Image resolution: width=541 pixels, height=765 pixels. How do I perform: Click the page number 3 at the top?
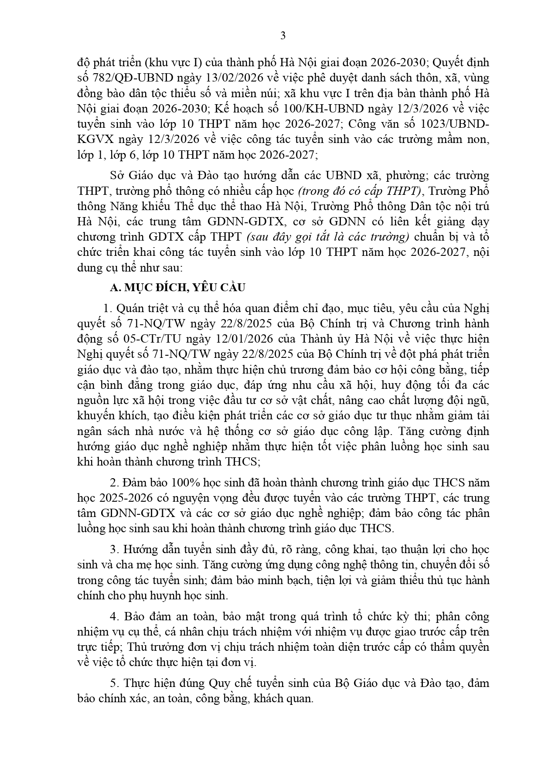[x=282, y=36]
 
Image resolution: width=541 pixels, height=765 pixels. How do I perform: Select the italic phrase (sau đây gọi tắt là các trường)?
[x=328, y=237]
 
